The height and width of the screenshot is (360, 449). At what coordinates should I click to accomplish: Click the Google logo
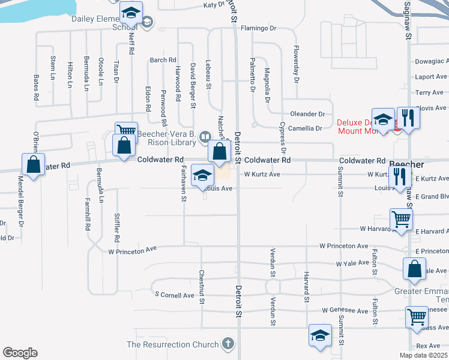tap(20, 352)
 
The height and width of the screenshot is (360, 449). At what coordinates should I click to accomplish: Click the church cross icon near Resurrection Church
tap(227, 344)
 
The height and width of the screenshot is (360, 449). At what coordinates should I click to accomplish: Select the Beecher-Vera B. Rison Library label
tap(167, 138)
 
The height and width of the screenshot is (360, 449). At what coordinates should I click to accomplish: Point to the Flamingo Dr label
tap(258, 28)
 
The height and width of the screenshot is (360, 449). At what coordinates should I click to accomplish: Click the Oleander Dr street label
tap(307, 113)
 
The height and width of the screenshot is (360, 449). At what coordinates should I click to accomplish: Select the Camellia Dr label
tap(306, 128)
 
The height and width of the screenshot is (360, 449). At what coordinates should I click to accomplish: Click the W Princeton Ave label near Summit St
tap(343, 246)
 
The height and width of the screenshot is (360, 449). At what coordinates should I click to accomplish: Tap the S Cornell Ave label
tap(175, 295)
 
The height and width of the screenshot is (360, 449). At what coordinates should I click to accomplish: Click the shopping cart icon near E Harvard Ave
tap(400, 219)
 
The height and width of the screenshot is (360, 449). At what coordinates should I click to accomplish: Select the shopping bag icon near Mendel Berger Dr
tap(34, 164)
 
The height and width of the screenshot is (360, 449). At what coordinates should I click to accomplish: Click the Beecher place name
tap(408, 164)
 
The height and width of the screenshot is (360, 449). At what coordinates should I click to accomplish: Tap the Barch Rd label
tap(163, 60)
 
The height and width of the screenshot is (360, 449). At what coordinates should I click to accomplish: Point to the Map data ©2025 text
tap(423, 355)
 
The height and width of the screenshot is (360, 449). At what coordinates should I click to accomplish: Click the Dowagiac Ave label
tap(431, 61)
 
